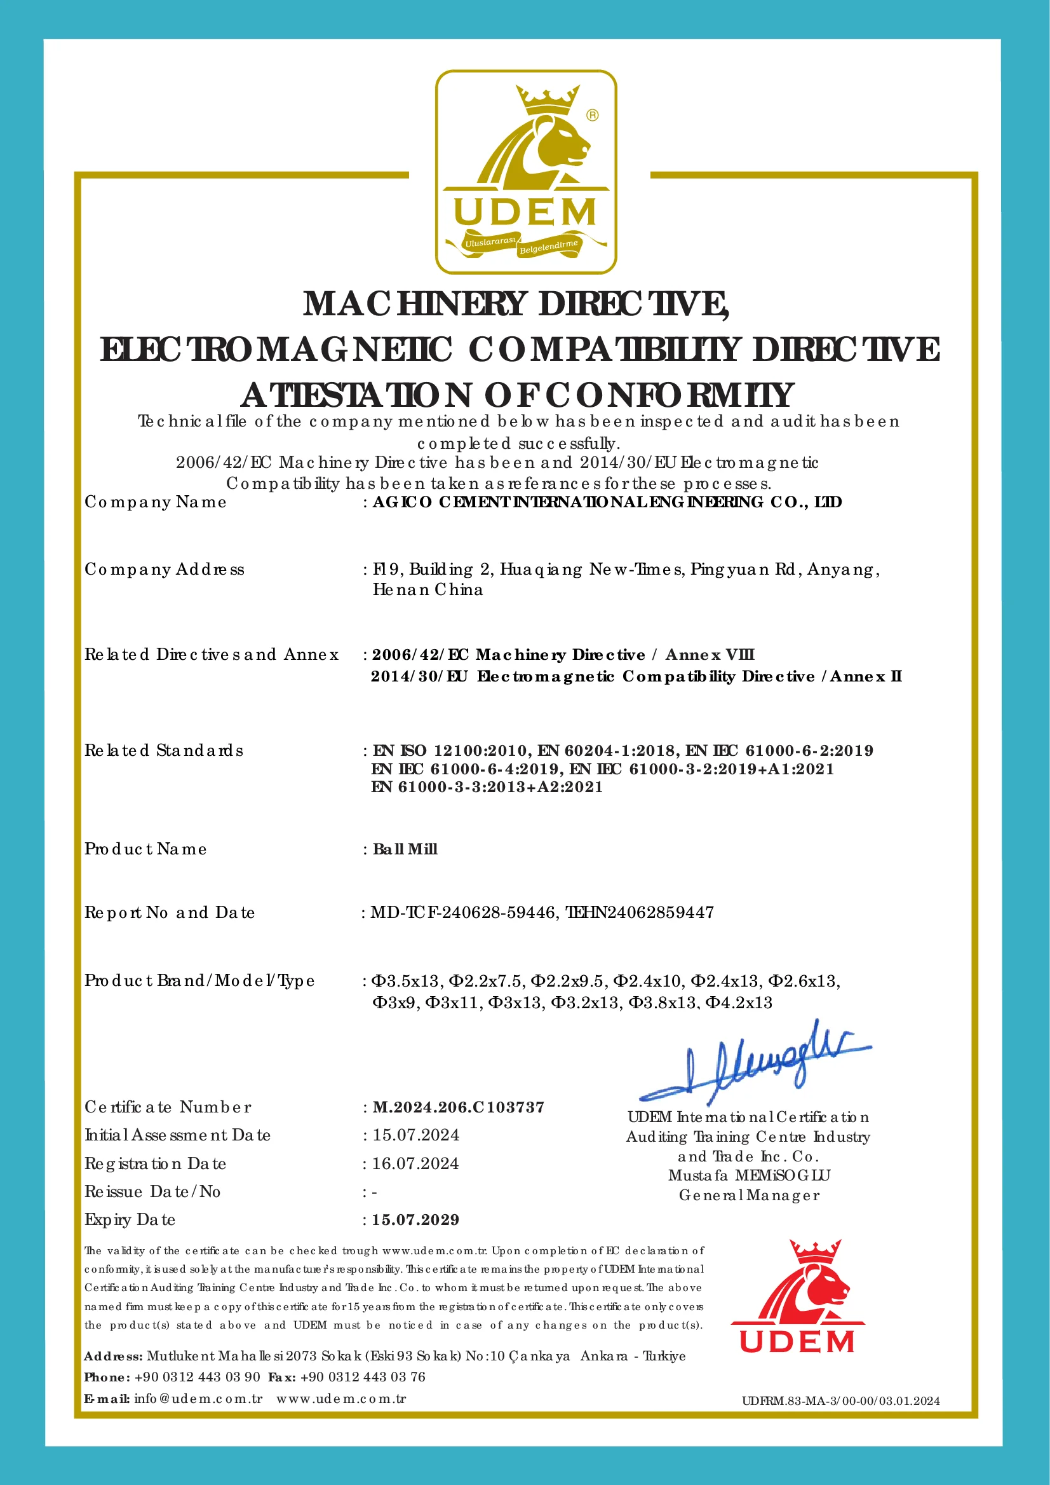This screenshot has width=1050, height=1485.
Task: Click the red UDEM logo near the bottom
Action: point(797,1297)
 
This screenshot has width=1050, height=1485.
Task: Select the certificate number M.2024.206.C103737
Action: point(459,1107)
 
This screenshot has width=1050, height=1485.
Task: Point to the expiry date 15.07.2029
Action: point(415,1220)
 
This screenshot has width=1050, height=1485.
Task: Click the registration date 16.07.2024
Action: point(415,1163)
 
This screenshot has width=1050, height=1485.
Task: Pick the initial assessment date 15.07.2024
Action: point(415,1135)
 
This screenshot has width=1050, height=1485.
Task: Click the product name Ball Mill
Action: point(405,849)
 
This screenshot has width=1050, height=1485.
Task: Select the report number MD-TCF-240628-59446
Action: point(463,912)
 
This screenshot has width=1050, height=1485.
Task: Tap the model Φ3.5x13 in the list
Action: point(405,981)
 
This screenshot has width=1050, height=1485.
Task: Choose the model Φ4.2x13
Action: point(739,1003)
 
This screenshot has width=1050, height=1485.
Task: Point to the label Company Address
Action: point(165,570)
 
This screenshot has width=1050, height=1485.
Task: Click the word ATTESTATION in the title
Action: point(356,395)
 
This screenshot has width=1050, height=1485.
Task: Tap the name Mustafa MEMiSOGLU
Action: point(749,1175)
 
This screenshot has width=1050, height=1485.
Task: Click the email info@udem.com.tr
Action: point(198,1399)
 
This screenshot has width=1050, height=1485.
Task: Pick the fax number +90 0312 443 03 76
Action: point(363,1376)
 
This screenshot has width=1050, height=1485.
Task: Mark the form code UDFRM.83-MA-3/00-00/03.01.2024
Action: point(840,1401)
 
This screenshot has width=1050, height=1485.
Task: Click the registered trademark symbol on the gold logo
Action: point(592,115)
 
